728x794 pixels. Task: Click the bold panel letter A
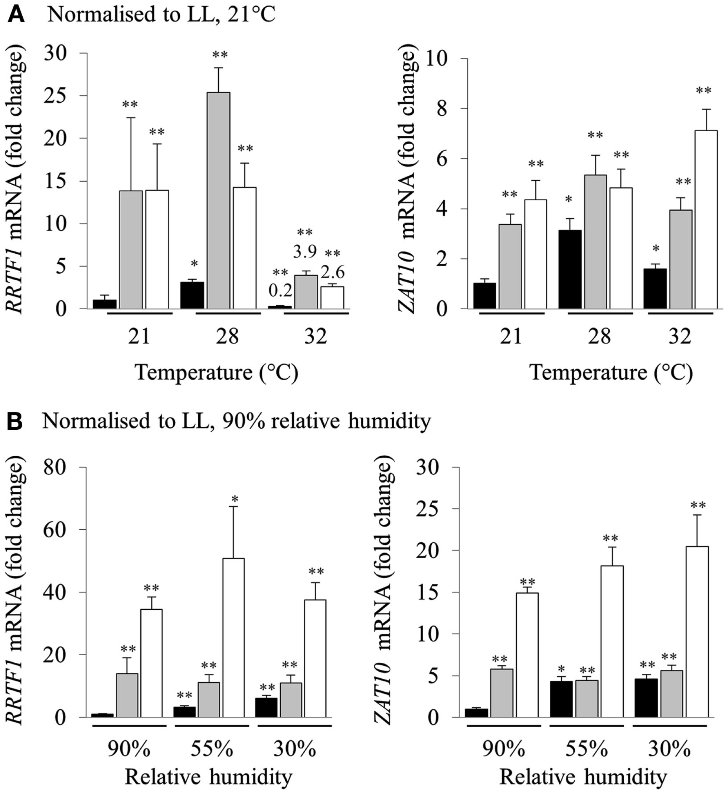(16, 14)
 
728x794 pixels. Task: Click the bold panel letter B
(15, 421)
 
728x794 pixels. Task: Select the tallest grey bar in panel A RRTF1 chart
(219, 201)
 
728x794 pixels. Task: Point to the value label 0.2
(280, 291)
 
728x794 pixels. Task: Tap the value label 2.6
(333, 272)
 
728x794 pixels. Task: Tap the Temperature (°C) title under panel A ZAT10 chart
(611, 373)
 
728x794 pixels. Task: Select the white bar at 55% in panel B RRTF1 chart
(232, 637)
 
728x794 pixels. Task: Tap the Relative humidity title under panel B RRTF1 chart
(209, 777)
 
